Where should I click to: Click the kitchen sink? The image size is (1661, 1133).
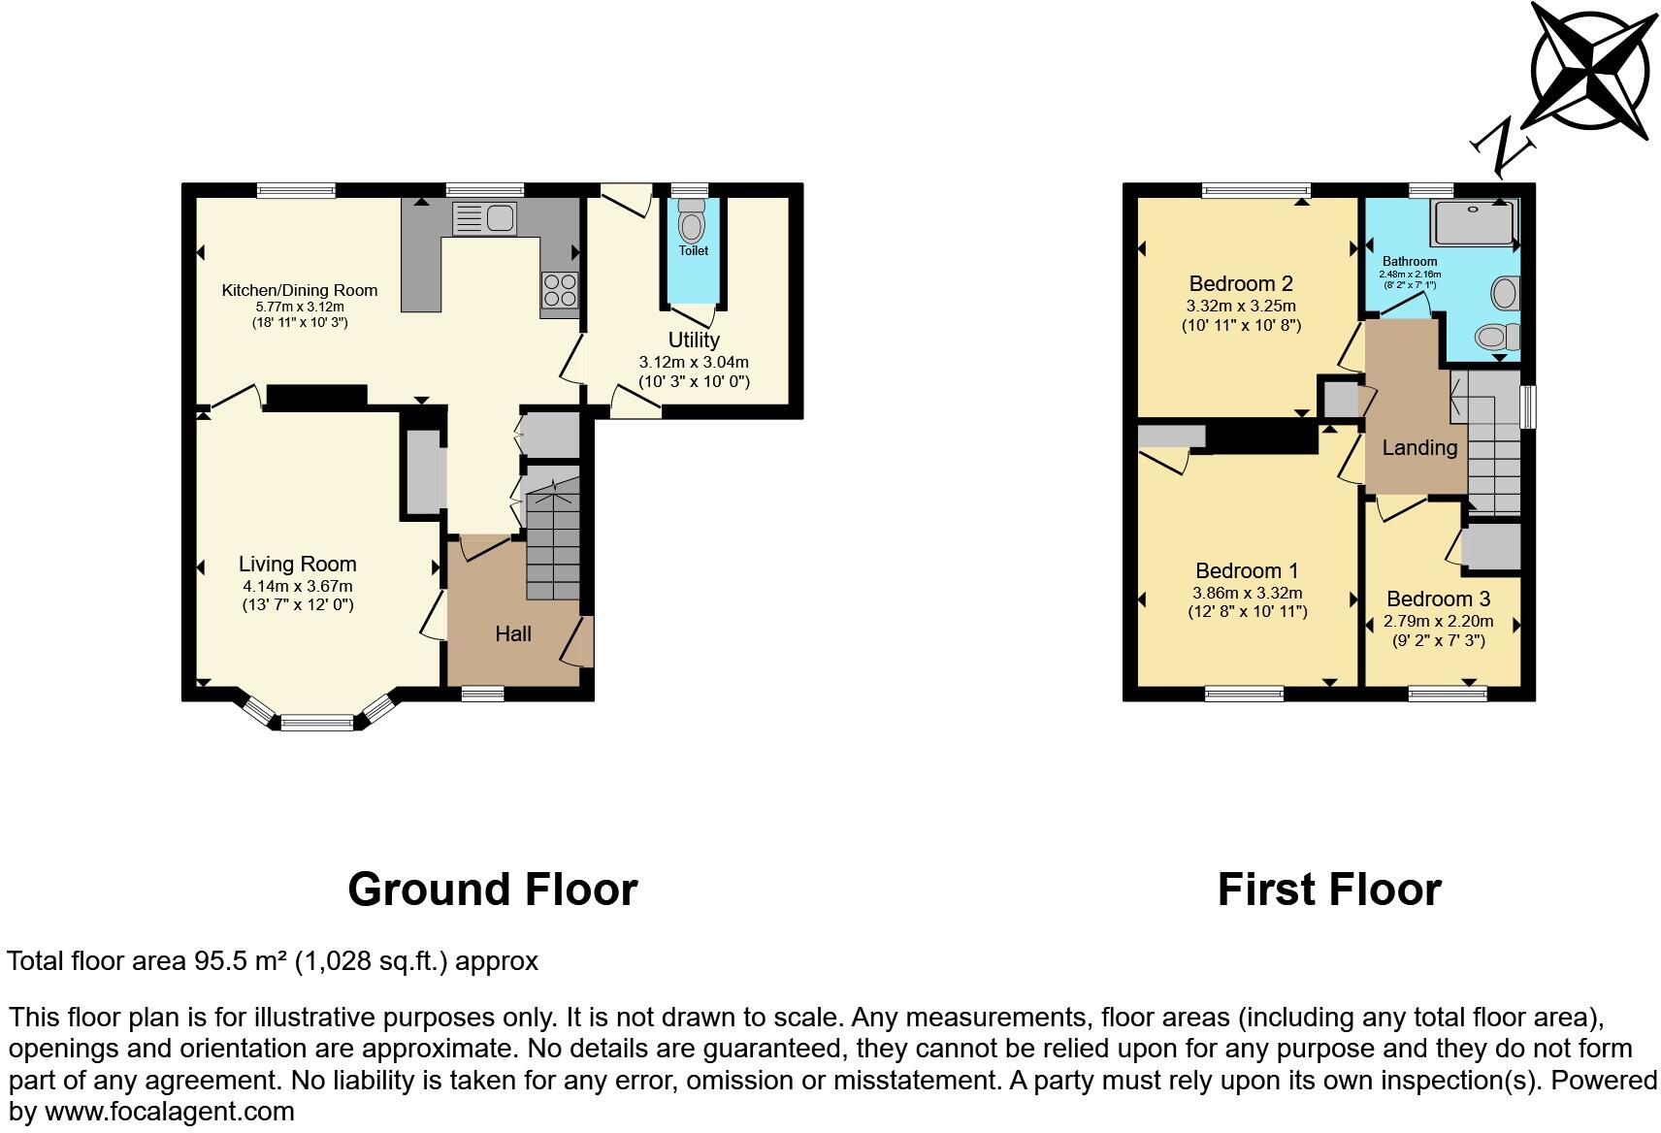pyautogui.click(x=484, y=218)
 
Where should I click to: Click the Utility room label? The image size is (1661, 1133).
pyautogui.click(x=694, y=340)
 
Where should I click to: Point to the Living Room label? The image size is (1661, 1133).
pyautogui.click(x=298, y=564)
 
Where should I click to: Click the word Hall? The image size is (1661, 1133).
pyautogui.click(x=513, y=633)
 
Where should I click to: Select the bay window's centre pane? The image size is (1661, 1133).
pyautogui.click(x=317, y=722)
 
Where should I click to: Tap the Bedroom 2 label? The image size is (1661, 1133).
pyautogui.click(x=1241, y=283)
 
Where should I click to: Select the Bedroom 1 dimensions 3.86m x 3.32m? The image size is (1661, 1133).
pyautogui.click(x=1248, y=593)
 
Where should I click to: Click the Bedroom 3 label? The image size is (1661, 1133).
pyautogui.click(x=1438, y=599)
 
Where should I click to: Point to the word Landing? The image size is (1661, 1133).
pyautogui.click(x=1419, y=447)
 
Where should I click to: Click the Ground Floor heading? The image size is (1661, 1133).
pyautogui.click(x=492, y=889)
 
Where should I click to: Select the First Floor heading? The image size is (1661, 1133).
pyautogui.click(x=1329, y=889)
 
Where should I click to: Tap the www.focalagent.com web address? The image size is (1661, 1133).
pyautogui.click(x=170, y=1112)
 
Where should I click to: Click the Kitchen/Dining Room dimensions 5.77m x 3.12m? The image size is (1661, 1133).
pyautogui.click(x=299, y=307)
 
